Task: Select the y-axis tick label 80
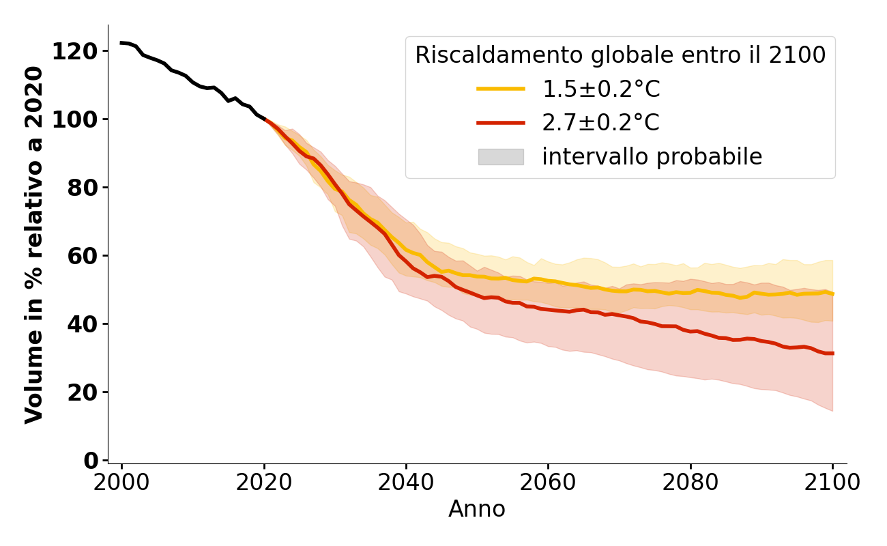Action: pyautogui.click(x=83, y=188)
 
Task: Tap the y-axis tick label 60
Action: pyautogui.click(x=83, y=256)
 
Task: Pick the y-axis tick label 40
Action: pyautogui.click(x=83, y=324)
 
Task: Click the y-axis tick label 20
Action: pyautogui.click(x=83, y=392)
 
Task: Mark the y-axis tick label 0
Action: pyautogui.click(x=91, y=461)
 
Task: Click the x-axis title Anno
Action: pyautogui.click(x=477, y=509)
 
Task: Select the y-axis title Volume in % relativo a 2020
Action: pyautogui.click(x=34, y=244)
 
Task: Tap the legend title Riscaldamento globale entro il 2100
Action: pyautogui.click(x=620, y=55)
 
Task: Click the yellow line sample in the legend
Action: pyautogui.click(x=501, y=89)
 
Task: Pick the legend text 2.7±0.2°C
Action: pyautogui.click(x=600, y=123)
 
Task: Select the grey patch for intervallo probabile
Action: pyautogui.click(x=501, y=157)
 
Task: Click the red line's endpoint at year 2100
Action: pyautogui.click(x=832, y=353)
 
